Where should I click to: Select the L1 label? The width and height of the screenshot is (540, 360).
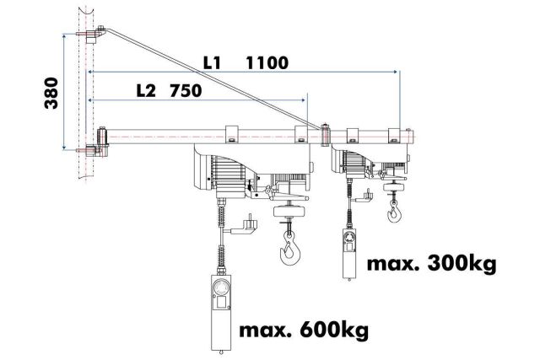(x=214, y=62)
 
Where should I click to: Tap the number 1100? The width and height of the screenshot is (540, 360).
(x=268, y=62)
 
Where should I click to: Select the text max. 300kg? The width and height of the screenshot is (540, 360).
(x=431, y=265)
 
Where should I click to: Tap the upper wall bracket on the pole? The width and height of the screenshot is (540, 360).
(x=90, y=36)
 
